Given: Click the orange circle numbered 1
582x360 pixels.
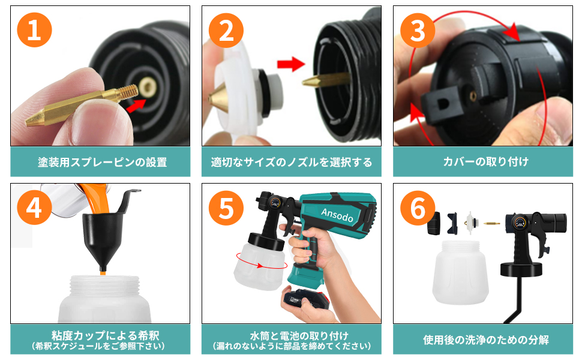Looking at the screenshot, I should tap(34, 31).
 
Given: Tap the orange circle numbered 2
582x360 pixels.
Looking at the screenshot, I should tap(226, 31).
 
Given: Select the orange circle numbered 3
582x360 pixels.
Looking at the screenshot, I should tap(418, 31).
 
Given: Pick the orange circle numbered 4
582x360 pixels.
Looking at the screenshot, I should tap(34, 208).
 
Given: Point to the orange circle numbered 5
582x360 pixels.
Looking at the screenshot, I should tap(226, 208).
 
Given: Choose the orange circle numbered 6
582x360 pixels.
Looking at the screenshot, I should tap(418, 208).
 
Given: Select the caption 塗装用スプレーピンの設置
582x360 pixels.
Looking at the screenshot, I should tap(100, 162).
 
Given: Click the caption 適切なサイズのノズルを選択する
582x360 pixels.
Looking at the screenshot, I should tap(292, 162).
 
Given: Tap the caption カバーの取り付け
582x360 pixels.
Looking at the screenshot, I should tap(483, 162).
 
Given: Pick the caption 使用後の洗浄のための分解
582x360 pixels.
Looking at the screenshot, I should tap(483, 340).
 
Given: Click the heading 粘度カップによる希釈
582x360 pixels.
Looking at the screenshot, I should tap(100, 335).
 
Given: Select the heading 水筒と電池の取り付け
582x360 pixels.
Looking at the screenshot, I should tap(292, 335).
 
